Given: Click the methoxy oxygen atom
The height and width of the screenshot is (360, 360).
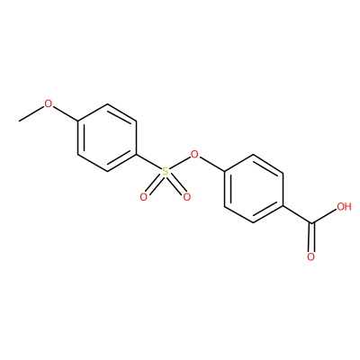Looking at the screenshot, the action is tap(48, 103).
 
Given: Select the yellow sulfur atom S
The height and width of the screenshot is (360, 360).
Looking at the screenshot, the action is tap(166, 172).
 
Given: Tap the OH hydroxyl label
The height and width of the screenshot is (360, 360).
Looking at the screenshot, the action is tap(344, 206).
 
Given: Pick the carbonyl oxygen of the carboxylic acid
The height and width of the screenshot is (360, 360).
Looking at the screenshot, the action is tap(310, 257).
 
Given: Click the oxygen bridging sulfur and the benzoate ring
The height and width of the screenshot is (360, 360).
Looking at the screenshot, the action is tap(194, 155).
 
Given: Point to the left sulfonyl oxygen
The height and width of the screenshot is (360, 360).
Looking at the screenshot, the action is tap(144, 197).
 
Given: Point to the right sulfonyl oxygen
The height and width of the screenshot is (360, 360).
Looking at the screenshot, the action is tap(187, 197).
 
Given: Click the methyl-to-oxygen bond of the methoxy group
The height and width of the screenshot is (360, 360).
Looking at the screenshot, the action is tap(31, 114).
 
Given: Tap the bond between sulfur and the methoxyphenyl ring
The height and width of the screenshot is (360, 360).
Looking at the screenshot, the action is tap(149, 163).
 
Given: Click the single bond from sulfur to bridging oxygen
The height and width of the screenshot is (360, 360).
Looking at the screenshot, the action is tap(180, 164).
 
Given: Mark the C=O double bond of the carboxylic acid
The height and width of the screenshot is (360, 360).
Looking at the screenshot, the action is tap(312, 238).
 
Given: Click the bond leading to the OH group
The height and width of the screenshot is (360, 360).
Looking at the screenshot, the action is tap(324, 216).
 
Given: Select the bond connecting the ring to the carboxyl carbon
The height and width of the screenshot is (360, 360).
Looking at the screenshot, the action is tap(298, 215).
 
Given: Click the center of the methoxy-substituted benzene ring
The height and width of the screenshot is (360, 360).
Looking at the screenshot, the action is tap(107, 138).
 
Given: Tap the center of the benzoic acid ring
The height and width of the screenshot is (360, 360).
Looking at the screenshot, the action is tap(254, 189).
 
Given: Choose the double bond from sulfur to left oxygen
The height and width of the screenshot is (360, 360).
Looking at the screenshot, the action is tap(155, 184).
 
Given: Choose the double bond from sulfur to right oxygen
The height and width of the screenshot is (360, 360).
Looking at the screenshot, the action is tap(176, 184).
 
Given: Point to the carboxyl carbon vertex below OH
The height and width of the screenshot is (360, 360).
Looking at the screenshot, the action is tap(312, 223).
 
